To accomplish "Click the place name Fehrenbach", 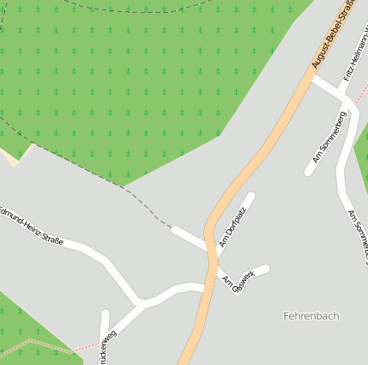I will pyautogui.click(x=311, y=316).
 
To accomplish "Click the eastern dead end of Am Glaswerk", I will pyautogui.click(x=266, y=269).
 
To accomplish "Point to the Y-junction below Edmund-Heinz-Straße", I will pyautogui.click(x=139, y=303).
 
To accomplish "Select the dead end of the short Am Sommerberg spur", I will pyautogui.click(x=307, y=172).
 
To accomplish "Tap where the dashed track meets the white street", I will pyautogui.click(x=173, y=229).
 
